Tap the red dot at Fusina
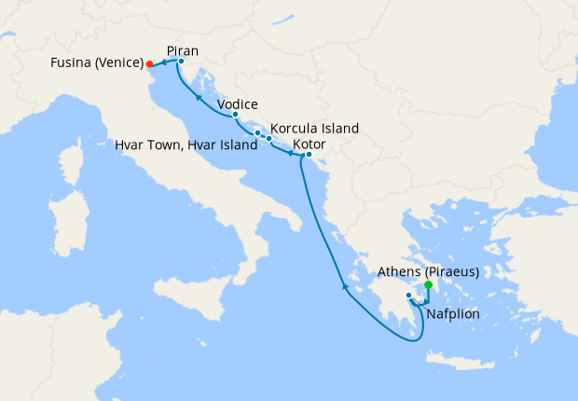click(x=149, y=64)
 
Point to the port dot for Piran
click(x=181, y=62)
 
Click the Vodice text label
click(x=237, y=104)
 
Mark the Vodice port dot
click(x=236, y=115)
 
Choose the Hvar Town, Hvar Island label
click(x=186, y=145)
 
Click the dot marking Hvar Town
click(x=257, y=133)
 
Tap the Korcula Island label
click(x=314, y=129)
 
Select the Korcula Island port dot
click(x=269, y=139)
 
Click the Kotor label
click(x=310, y=145)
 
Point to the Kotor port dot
click(x=309, y=155)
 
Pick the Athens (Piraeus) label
click(x=429, y=272)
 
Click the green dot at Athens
click(x=428, y=285)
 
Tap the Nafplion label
click(x=453, y=314)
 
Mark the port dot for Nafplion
click(x=408, y=296)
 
